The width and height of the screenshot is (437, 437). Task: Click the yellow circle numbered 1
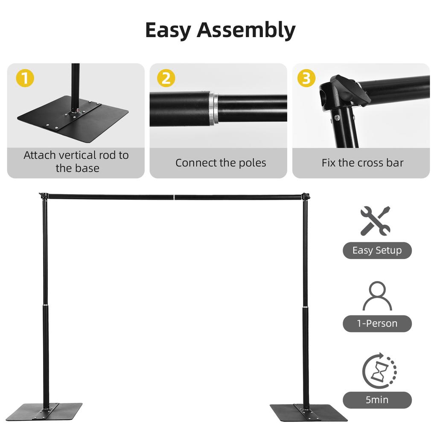25,79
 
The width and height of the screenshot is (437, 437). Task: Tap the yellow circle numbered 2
166,79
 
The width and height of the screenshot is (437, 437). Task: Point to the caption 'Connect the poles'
221,163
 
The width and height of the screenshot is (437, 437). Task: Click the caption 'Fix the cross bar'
362,163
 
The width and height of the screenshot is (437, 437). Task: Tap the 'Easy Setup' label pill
377,251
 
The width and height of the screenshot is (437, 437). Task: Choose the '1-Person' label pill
377,323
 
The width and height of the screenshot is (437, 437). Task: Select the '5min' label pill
377,400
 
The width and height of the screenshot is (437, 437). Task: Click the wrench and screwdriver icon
375,221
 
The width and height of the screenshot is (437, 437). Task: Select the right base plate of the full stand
308,412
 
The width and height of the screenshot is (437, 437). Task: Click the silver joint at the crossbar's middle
175,197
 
